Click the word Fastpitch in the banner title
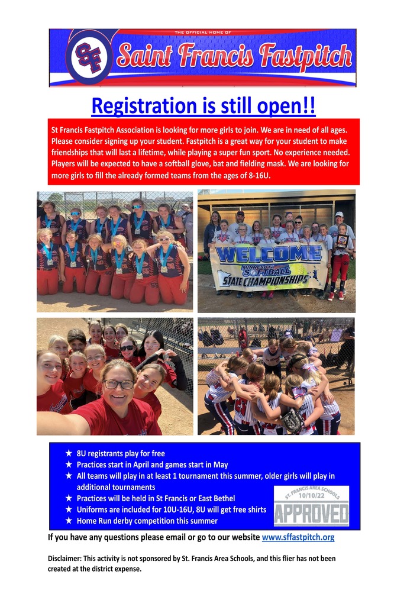point(305,55)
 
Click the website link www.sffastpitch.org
point(298,537)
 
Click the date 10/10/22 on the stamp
point(312,495)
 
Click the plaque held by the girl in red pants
point(341,241)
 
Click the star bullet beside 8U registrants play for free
point(69,453)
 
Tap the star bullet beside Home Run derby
point(69,521)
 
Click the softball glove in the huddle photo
point(293,421)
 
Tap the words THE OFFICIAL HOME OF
point(203,33)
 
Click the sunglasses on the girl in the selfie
point(127,348)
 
